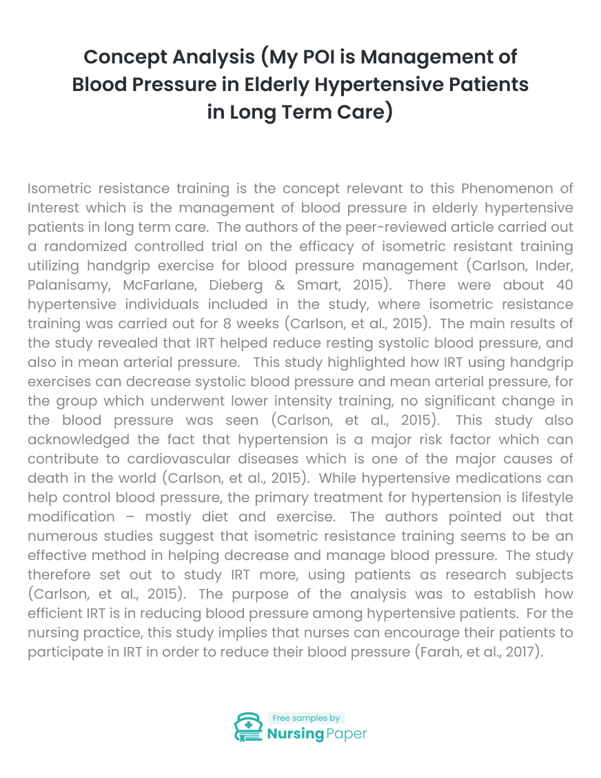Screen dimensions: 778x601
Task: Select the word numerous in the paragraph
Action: click(57, 536)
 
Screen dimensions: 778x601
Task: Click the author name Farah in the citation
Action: click(438, 652)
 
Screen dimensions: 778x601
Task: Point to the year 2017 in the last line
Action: click(521, 652)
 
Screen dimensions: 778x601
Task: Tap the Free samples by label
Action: click(305, 718)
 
